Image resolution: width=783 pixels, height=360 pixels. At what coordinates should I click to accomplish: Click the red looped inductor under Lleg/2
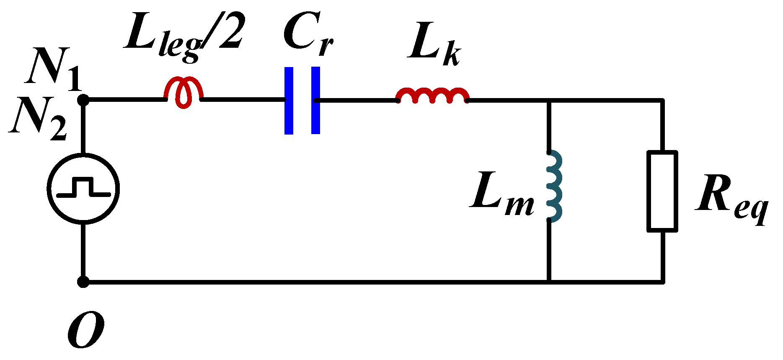pyautogui.click(x=183, y=93)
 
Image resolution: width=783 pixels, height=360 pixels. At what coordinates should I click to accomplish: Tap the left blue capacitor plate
pyautogui.click(x=289, y=101)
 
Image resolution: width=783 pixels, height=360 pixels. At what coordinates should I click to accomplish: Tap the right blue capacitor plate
pyautogui.click(x=315, y=101)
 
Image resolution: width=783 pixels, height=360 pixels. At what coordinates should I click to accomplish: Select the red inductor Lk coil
pyautogui.click(x=432, y=96)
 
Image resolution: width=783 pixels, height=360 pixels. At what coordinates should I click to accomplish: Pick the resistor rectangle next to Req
pyautogui.click(x=662, y=191)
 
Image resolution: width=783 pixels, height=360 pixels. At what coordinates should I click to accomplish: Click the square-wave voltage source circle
pyautogui.click(x=83, y=188)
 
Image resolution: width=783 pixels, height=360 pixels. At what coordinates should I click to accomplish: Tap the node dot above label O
pyautogui.click(x=83, y=282)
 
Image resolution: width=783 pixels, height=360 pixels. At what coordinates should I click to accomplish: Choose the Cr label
pyautogui.click(x=308, y=34)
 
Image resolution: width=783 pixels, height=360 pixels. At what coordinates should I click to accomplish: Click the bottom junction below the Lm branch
pyautogui.click(x=548, y=282)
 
